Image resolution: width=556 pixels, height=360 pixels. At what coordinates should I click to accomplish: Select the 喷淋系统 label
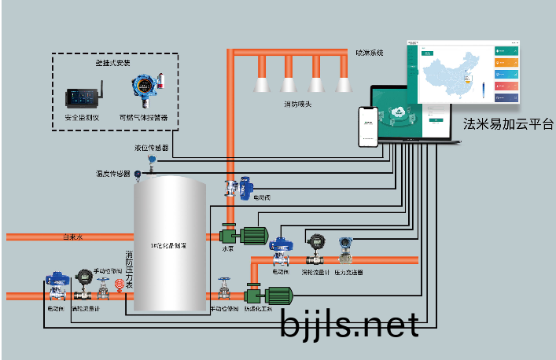(369, 53)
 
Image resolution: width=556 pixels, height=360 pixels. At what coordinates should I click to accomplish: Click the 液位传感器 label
(151, 147)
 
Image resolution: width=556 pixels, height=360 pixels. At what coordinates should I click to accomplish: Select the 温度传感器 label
(112, 173)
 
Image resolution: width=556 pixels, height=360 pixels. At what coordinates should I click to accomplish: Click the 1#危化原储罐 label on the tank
(168, 246)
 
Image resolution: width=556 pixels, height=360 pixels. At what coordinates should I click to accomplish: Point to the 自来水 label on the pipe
(72, 237)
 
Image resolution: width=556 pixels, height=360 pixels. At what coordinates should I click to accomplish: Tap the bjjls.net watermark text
(348, 322)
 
